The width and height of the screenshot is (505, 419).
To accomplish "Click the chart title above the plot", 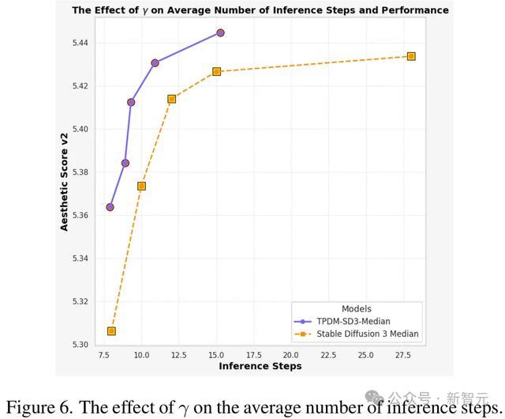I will (x=260, y=10).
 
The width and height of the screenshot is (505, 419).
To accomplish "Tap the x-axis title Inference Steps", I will (x=260, y=366).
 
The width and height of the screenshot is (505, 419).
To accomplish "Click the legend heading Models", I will (x=356, y=309).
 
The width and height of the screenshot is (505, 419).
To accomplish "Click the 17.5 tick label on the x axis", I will (x=255, y=355).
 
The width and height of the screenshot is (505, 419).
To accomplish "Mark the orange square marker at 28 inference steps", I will (x=411, y=56).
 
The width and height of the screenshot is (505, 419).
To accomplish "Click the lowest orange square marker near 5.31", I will (x=111, y=331).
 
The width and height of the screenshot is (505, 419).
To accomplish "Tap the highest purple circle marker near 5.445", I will (x=220, y=32).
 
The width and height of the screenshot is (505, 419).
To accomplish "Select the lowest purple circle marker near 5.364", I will (x=110, y=207).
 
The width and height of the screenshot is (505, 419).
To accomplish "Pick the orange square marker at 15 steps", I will (x=217, y=71).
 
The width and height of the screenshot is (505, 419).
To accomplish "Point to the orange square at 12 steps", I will (x=172, y=99).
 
